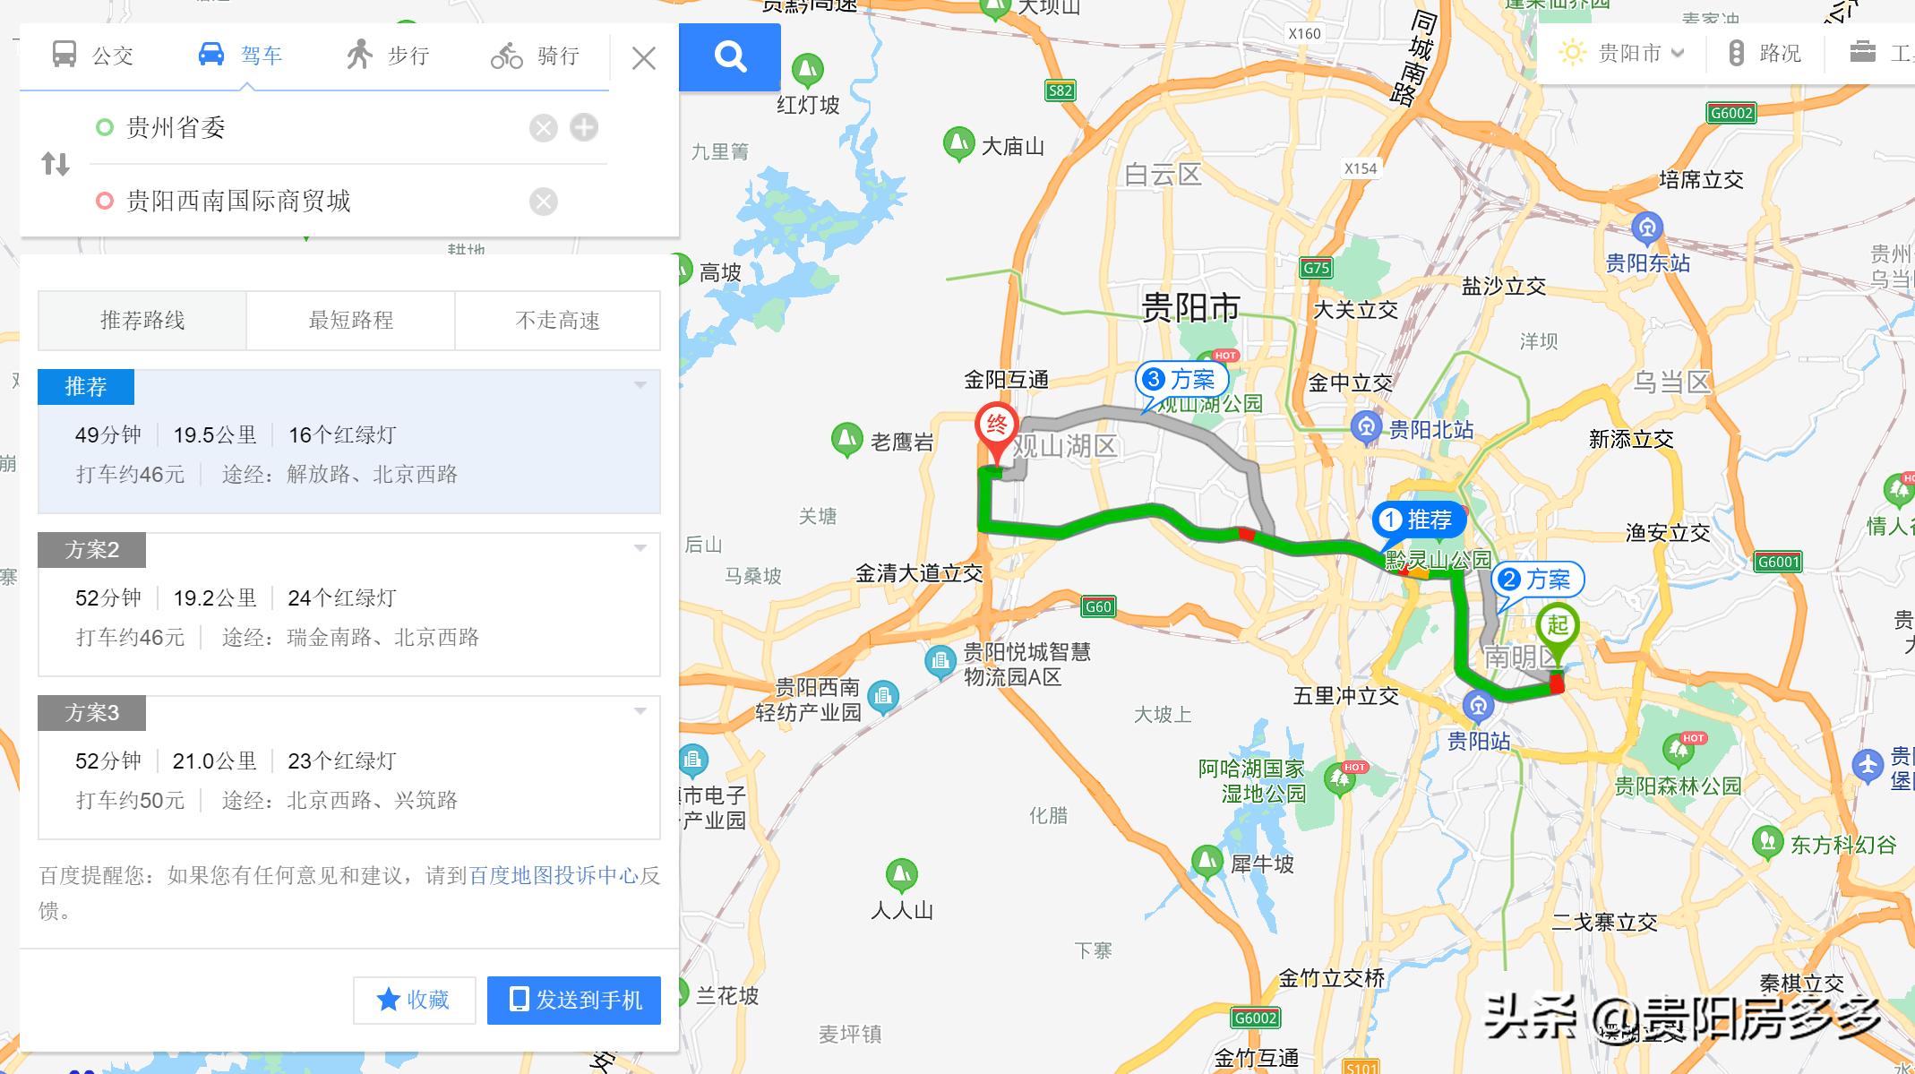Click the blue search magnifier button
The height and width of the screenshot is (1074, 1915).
(x=730, y=56)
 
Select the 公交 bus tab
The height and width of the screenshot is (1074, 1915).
(x=93, y=56)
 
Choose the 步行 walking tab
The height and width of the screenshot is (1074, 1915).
(x=388, y=56)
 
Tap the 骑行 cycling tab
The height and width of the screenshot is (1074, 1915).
(x=536, y=56)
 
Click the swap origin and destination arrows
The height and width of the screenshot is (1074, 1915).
(x=56, y=164)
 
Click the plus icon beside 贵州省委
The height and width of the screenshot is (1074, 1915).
(x=584, y=127)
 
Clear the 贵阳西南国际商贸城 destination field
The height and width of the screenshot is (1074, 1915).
(x=543, y=202)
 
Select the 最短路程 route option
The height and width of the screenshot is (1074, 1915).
(x=350, y=320)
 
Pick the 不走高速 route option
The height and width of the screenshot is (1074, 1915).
(x=557, y=320)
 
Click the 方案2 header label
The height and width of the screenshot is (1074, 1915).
(x=91, y=549)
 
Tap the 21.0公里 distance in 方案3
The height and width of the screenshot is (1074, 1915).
(x=214, y=760)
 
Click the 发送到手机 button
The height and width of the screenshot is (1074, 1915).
(x=574, y=1000)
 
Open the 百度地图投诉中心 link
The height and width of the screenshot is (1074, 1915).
(x=554, y=875)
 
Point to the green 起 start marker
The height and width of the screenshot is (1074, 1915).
(x=1558, y=628)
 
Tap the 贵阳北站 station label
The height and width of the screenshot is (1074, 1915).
(x=1430, y=430)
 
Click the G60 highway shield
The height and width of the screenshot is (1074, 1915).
(x=1097, y=606)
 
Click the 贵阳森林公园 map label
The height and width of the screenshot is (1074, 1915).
(x=1678, y=786)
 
